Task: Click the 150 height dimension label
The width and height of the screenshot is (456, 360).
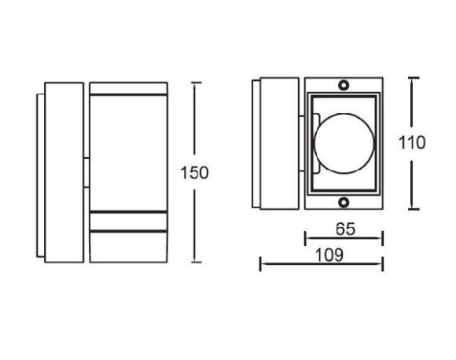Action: point(194,173)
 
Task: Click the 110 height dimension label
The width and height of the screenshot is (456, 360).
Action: point(412,143)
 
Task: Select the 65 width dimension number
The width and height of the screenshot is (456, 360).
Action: point(345,229)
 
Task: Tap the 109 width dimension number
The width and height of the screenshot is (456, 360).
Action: point(329,255)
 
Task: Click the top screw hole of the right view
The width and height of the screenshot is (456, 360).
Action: point(344,85)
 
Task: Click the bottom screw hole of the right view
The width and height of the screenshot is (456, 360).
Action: point(344,202)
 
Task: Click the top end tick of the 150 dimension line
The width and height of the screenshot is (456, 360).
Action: point(196,83)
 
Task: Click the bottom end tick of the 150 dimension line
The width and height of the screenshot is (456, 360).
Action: point(196,263)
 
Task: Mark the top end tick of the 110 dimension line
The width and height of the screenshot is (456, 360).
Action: point(414,78)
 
